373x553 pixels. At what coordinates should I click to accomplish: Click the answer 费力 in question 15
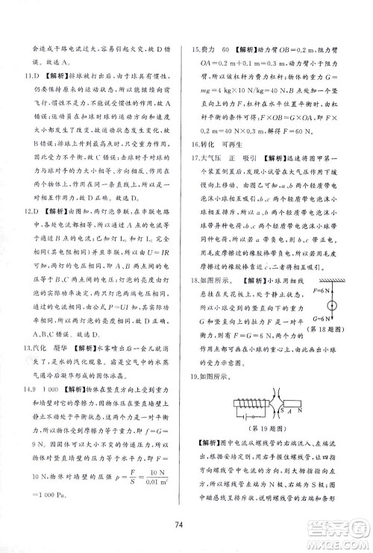[212, 47]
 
